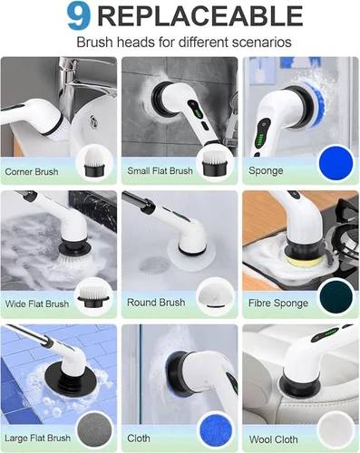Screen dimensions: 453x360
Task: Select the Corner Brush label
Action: [x=32, y=170]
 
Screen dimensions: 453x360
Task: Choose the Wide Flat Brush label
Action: [x=36, y=303]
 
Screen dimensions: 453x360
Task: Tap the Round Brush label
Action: [x=155, y=303]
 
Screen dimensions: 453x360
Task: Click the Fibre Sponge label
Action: [x=277, y=303]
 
